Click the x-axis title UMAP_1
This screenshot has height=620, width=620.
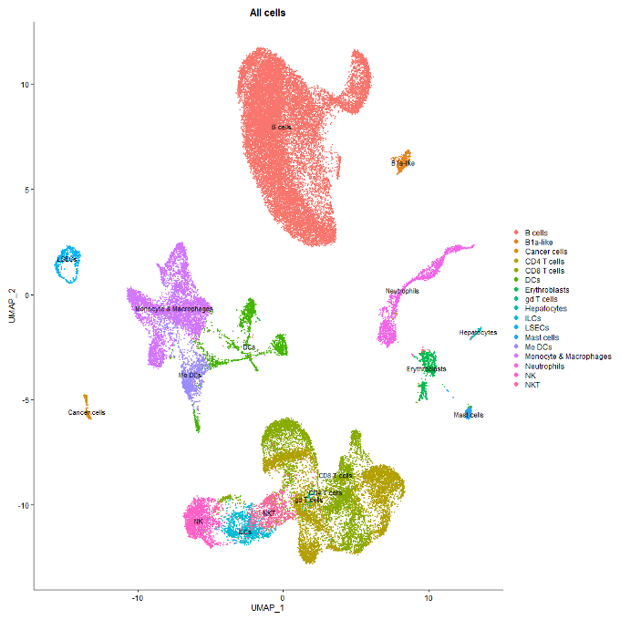(x=268, y=607)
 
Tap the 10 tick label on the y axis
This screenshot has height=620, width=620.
(x=26, y=85)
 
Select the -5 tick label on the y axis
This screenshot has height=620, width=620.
(x=26, y=400)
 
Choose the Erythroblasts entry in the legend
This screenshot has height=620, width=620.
(x=547, y=289)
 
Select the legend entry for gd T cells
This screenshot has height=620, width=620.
(x=542, y=299)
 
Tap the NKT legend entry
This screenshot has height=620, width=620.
(x=533, y=385)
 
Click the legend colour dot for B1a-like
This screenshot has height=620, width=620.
(x=517, y=242)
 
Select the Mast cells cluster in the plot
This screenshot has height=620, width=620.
(x=470, y=412)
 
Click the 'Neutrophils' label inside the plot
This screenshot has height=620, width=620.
(x=402, y=291)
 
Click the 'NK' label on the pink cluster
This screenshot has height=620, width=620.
(x=198, y=522)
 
